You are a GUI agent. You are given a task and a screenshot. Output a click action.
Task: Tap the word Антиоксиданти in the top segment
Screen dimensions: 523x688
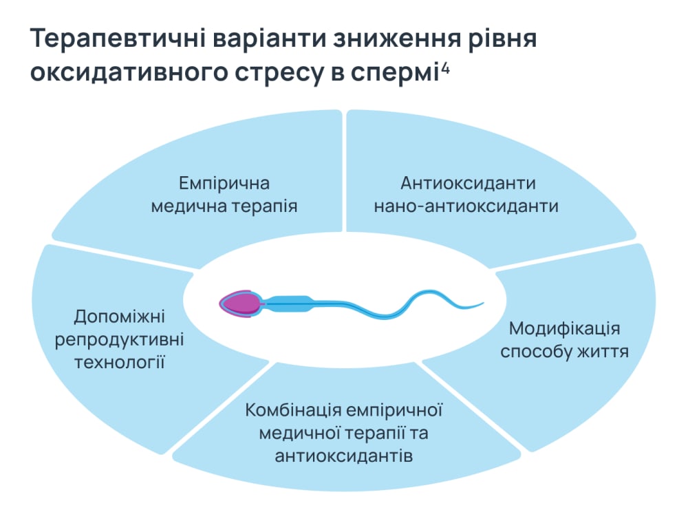pyautogui.click(x=468, y=184)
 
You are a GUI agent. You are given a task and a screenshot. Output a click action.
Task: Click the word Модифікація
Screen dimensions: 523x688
pyautogui.click(x=564, y=329)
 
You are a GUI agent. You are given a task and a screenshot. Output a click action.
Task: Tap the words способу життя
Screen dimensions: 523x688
pyautogui.click(x=564, y=351)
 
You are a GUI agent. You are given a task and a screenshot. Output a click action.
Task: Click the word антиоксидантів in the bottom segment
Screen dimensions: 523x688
pyautogui.click(x=344, y=456)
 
